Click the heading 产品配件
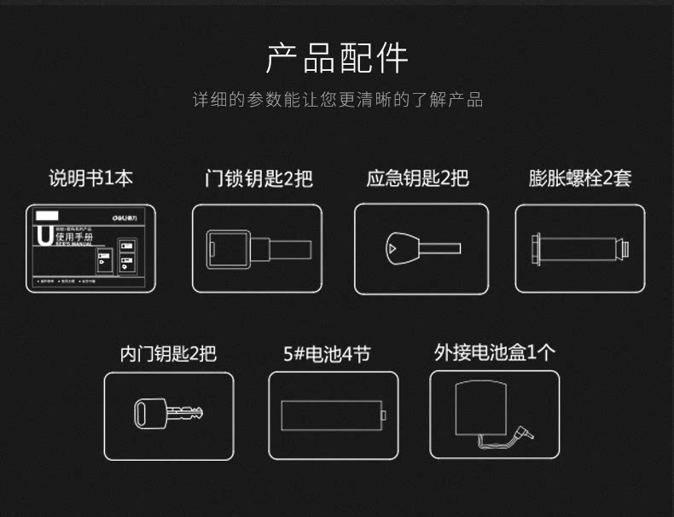337,57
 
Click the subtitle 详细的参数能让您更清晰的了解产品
337,101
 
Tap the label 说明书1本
90,178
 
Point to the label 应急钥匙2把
418,179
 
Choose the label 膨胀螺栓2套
580,179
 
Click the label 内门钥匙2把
168,353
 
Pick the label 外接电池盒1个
495,353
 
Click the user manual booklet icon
91,248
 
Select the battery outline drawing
331,415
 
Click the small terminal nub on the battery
384,415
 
